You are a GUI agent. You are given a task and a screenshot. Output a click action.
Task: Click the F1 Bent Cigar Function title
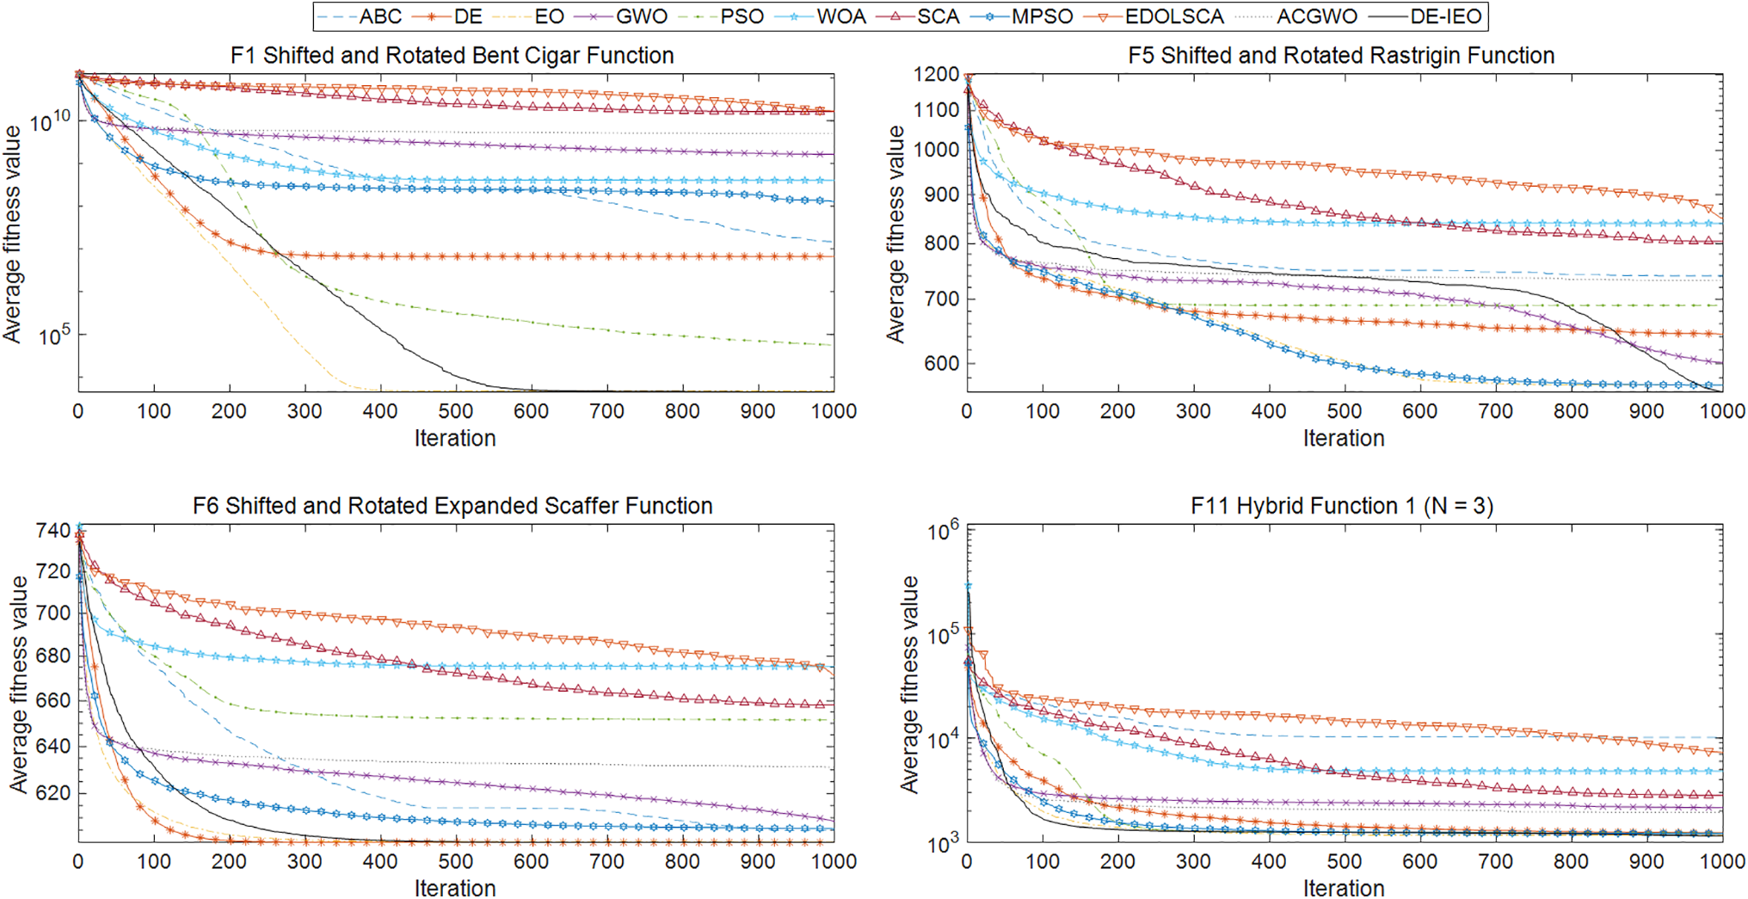tap(452, 56)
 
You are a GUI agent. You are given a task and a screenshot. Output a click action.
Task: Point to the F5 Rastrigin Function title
tap(1341, 56)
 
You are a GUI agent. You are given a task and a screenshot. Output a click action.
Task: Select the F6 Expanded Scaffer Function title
tap(452, 506)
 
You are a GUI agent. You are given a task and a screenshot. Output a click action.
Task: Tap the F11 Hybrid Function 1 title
tap(1341, 506)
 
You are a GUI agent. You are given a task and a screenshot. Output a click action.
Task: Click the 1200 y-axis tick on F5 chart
tap(937, 75)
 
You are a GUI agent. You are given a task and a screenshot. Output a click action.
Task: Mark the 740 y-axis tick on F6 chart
tap(53, 531)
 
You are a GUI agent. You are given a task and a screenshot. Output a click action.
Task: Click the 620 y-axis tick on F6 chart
tap(53, 793)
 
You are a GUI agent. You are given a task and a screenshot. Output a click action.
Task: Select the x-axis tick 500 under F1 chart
tap(455, 412)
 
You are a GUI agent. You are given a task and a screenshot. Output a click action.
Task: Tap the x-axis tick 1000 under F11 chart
tap(1721, 862)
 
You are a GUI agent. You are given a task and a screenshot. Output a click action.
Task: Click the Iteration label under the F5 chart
tap(1344, 439)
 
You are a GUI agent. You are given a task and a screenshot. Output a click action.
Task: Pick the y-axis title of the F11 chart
tap(909, 685)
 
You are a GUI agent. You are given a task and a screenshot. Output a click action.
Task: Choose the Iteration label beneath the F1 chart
tap(455, 439)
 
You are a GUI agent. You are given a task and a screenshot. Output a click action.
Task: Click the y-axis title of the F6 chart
tap(19, 685)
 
